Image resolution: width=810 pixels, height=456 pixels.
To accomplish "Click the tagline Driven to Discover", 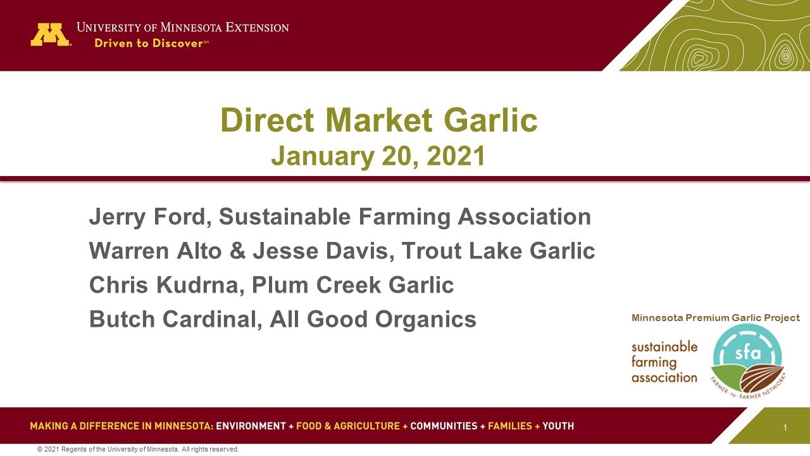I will pos(151,44).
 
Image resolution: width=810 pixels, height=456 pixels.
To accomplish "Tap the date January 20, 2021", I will pos(378,156).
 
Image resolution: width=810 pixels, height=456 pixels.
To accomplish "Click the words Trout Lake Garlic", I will pos(498,251).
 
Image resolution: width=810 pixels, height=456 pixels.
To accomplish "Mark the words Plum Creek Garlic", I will pos(352,285).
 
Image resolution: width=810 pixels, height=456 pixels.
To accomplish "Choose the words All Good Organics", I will pos(373,319).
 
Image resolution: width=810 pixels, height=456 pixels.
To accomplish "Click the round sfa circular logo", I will pos(747,359).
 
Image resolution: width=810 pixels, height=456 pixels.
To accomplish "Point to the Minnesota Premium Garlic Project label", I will pos(715,318).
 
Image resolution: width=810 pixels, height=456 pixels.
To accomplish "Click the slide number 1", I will pos(785,428).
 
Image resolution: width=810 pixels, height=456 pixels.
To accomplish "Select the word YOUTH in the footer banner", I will pos(558,426).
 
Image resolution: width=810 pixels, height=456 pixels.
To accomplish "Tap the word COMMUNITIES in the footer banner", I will pos(444,426).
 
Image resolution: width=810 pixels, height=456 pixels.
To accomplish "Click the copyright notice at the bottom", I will pos(138,449).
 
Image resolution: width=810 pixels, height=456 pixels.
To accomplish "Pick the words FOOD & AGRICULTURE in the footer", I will pos(347,426).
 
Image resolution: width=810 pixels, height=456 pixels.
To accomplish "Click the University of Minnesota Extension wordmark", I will pos(182,27).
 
